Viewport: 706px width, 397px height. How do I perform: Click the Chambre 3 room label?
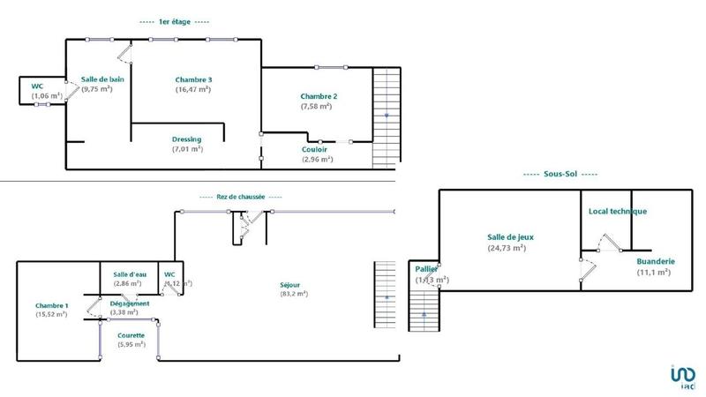tap(193, 79)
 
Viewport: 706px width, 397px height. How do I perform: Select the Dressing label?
tap(187, 139)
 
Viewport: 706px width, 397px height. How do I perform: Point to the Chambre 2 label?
tap(319, 96)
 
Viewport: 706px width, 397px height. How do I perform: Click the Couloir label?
tap(316, 149)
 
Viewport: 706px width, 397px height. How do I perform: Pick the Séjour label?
tap(290, 284)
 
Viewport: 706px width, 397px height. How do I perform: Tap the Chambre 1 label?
tap(51, 305)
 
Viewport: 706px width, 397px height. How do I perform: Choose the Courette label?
tap(131, 335)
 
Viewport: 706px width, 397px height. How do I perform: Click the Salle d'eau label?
tap(129, 274)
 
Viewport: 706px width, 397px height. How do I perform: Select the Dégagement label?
tap(130, 303)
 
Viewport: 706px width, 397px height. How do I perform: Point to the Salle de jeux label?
tap(511, 236)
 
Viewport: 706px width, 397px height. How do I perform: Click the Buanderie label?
tap(656, 261)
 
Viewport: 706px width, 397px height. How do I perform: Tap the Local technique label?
tap(618, 211)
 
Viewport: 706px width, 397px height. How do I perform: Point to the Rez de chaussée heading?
tap(241, 196)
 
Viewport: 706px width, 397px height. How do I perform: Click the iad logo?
tap(681, 377)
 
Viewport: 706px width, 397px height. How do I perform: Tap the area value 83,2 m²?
tap(295, 294)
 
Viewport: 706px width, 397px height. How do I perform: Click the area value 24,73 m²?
tap(507, 248)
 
